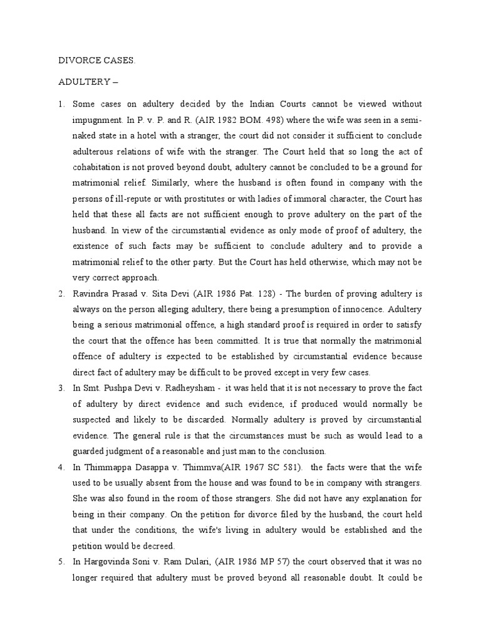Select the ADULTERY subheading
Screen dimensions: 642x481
point(88,82)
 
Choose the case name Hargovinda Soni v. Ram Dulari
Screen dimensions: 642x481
point(146,561)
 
